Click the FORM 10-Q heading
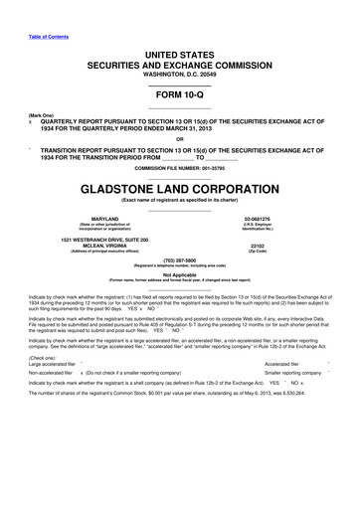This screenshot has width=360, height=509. tap(179, 96)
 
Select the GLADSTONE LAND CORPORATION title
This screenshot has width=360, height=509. tap(180, 186)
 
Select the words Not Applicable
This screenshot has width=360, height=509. tap(180, 287)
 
